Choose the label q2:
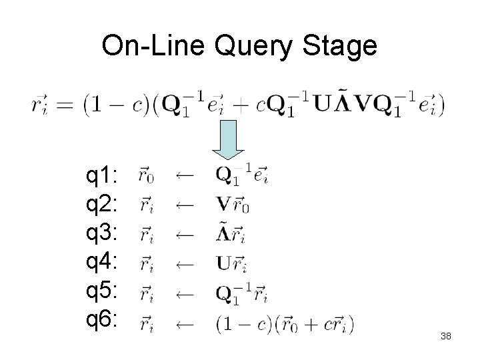(102, 205)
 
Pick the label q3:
(102, 235)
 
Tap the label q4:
(102, 264)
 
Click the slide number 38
(446, 337)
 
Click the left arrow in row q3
(184, 235)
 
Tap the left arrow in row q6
(184, 324)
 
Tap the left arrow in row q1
(184, 177)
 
